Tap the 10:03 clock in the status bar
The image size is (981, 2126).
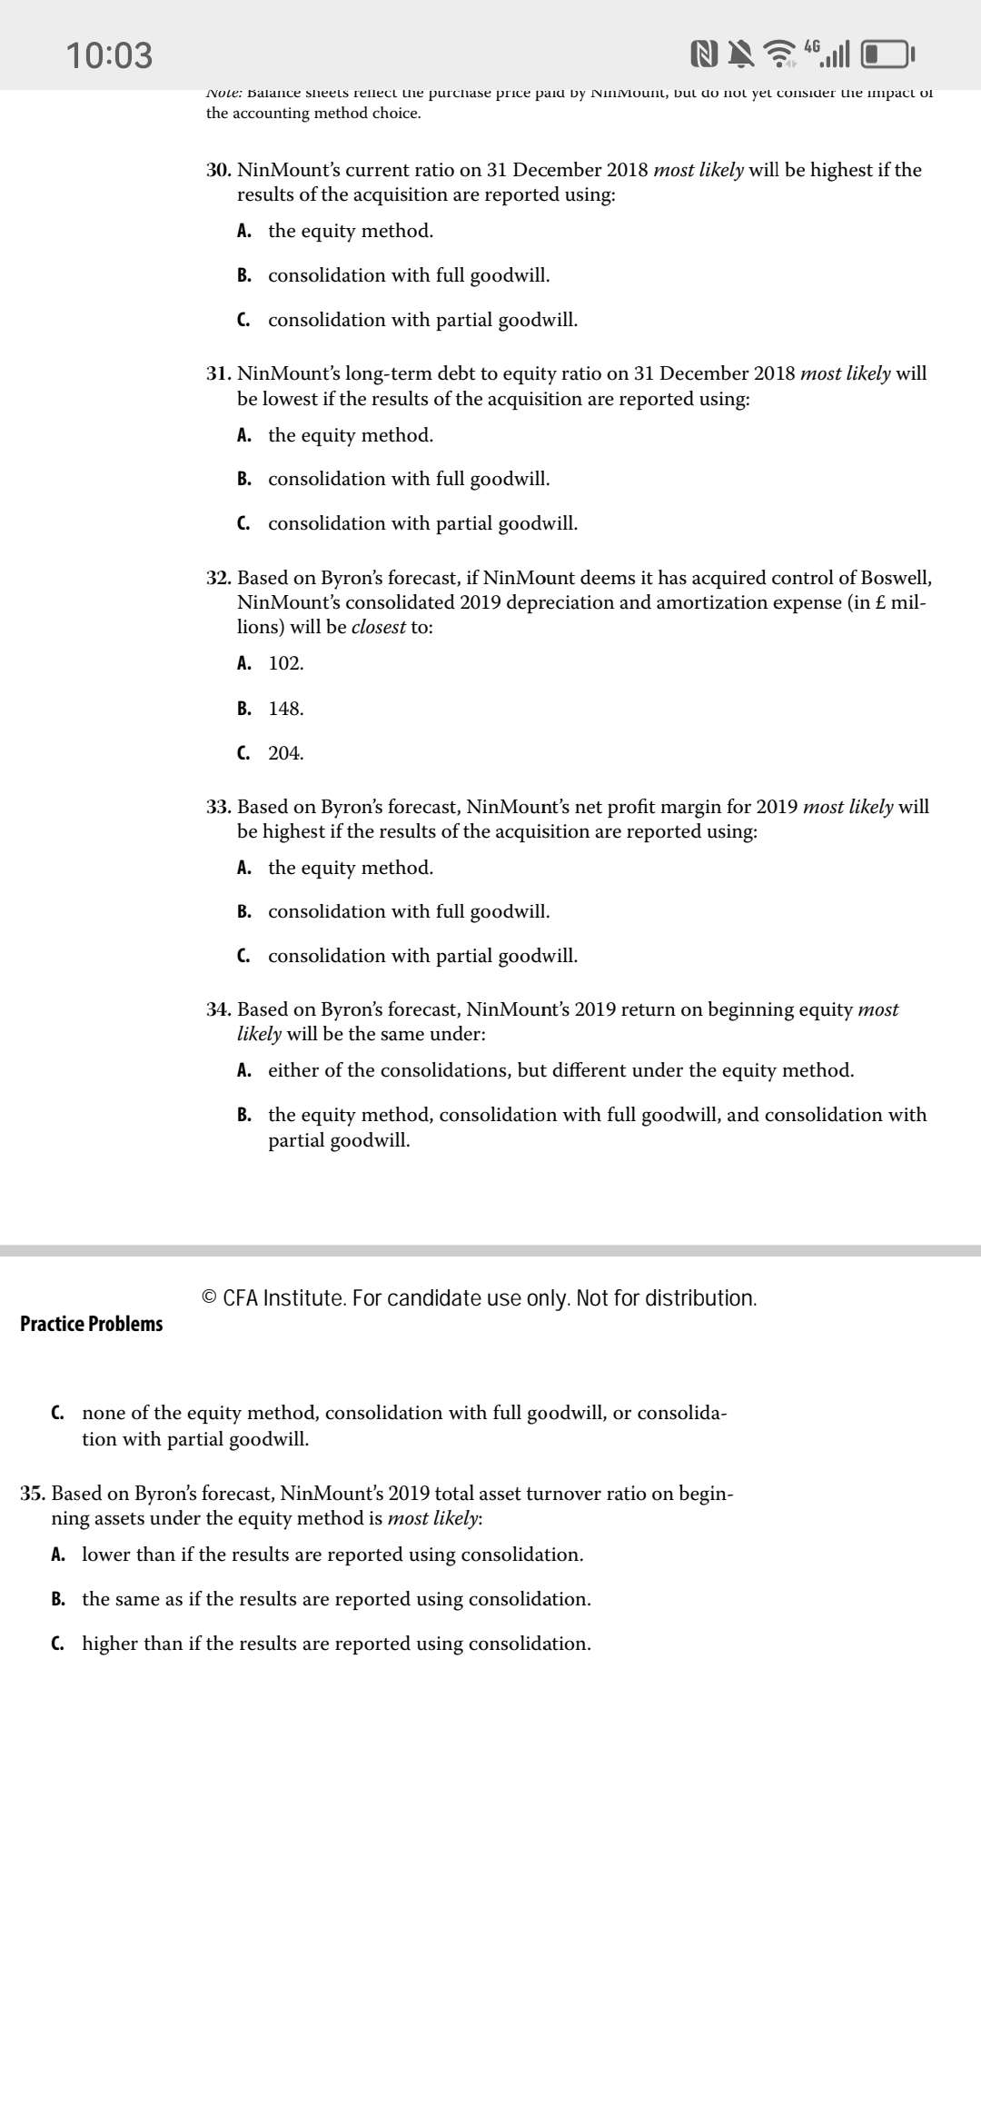109,55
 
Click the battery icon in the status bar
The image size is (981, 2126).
887,55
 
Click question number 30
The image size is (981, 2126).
218,170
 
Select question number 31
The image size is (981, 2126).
218,373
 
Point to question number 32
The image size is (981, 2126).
218,578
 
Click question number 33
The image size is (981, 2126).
218,807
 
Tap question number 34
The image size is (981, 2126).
218,1009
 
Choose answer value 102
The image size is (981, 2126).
285,663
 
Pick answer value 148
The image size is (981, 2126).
285,709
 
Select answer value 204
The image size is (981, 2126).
285,753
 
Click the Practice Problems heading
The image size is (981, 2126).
92,1324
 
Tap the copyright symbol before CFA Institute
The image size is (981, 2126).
209,1297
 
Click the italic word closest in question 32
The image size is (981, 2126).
378,627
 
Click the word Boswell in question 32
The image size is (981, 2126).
895,578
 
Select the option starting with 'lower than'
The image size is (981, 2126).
332,1555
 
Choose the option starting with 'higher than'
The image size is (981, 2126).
336,1644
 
